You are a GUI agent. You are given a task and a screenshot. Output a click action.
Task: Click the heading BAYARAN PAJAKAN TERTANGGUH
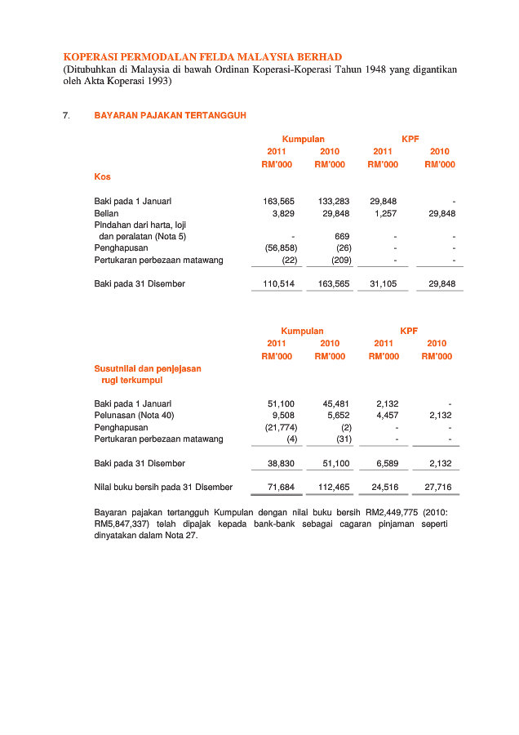(x=170, y=116)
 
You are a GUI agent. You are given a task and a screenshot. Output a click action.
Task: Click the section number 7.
(x=66, y=116)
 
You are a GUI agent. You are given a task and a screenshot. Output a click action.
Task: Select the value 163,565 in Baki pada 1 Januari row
(x=279, y=201)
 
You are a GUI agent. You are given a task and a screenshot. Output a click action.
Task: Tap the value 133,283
(x=334, y=201)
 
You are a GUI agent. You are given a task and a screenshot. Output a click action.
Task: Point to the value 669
(x=343, y=236)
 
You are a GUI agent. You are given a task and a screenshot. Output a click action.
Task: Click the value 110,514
(x=279, y=283)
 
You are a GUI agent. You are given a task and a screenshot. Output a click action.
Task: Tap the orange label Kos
(x=102, y=176)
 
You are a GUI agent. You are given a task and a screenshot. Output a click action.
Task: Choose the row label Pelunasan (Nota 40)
(x=134, y=416)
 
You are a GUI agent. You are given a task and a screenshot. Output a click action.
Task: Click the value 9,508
(x=283, y=416)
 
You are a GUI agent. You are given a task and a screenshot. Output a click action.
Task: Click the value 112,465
(x=334, y=487)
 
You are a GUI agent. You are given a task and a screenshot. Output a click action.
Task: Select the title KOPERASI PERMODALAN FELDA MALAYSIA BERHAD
(x=202, y=57)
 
